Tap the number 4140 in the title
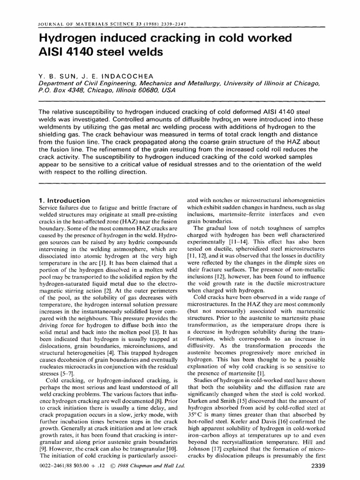82,52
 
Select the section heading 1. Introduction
63,200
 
